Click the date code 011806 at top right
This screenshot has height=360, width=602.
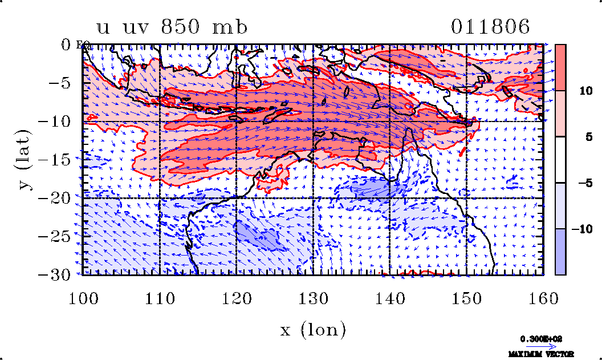click(491, 27)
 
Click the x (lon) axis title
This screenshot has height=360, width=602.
click(313, 330)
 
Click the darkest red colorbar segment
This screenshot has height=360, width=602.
click(560, 67)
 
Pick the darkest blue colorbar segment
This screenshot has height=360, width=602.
click(560, 252)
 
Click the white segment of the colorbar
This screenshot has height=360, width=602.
click(560, 160)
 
